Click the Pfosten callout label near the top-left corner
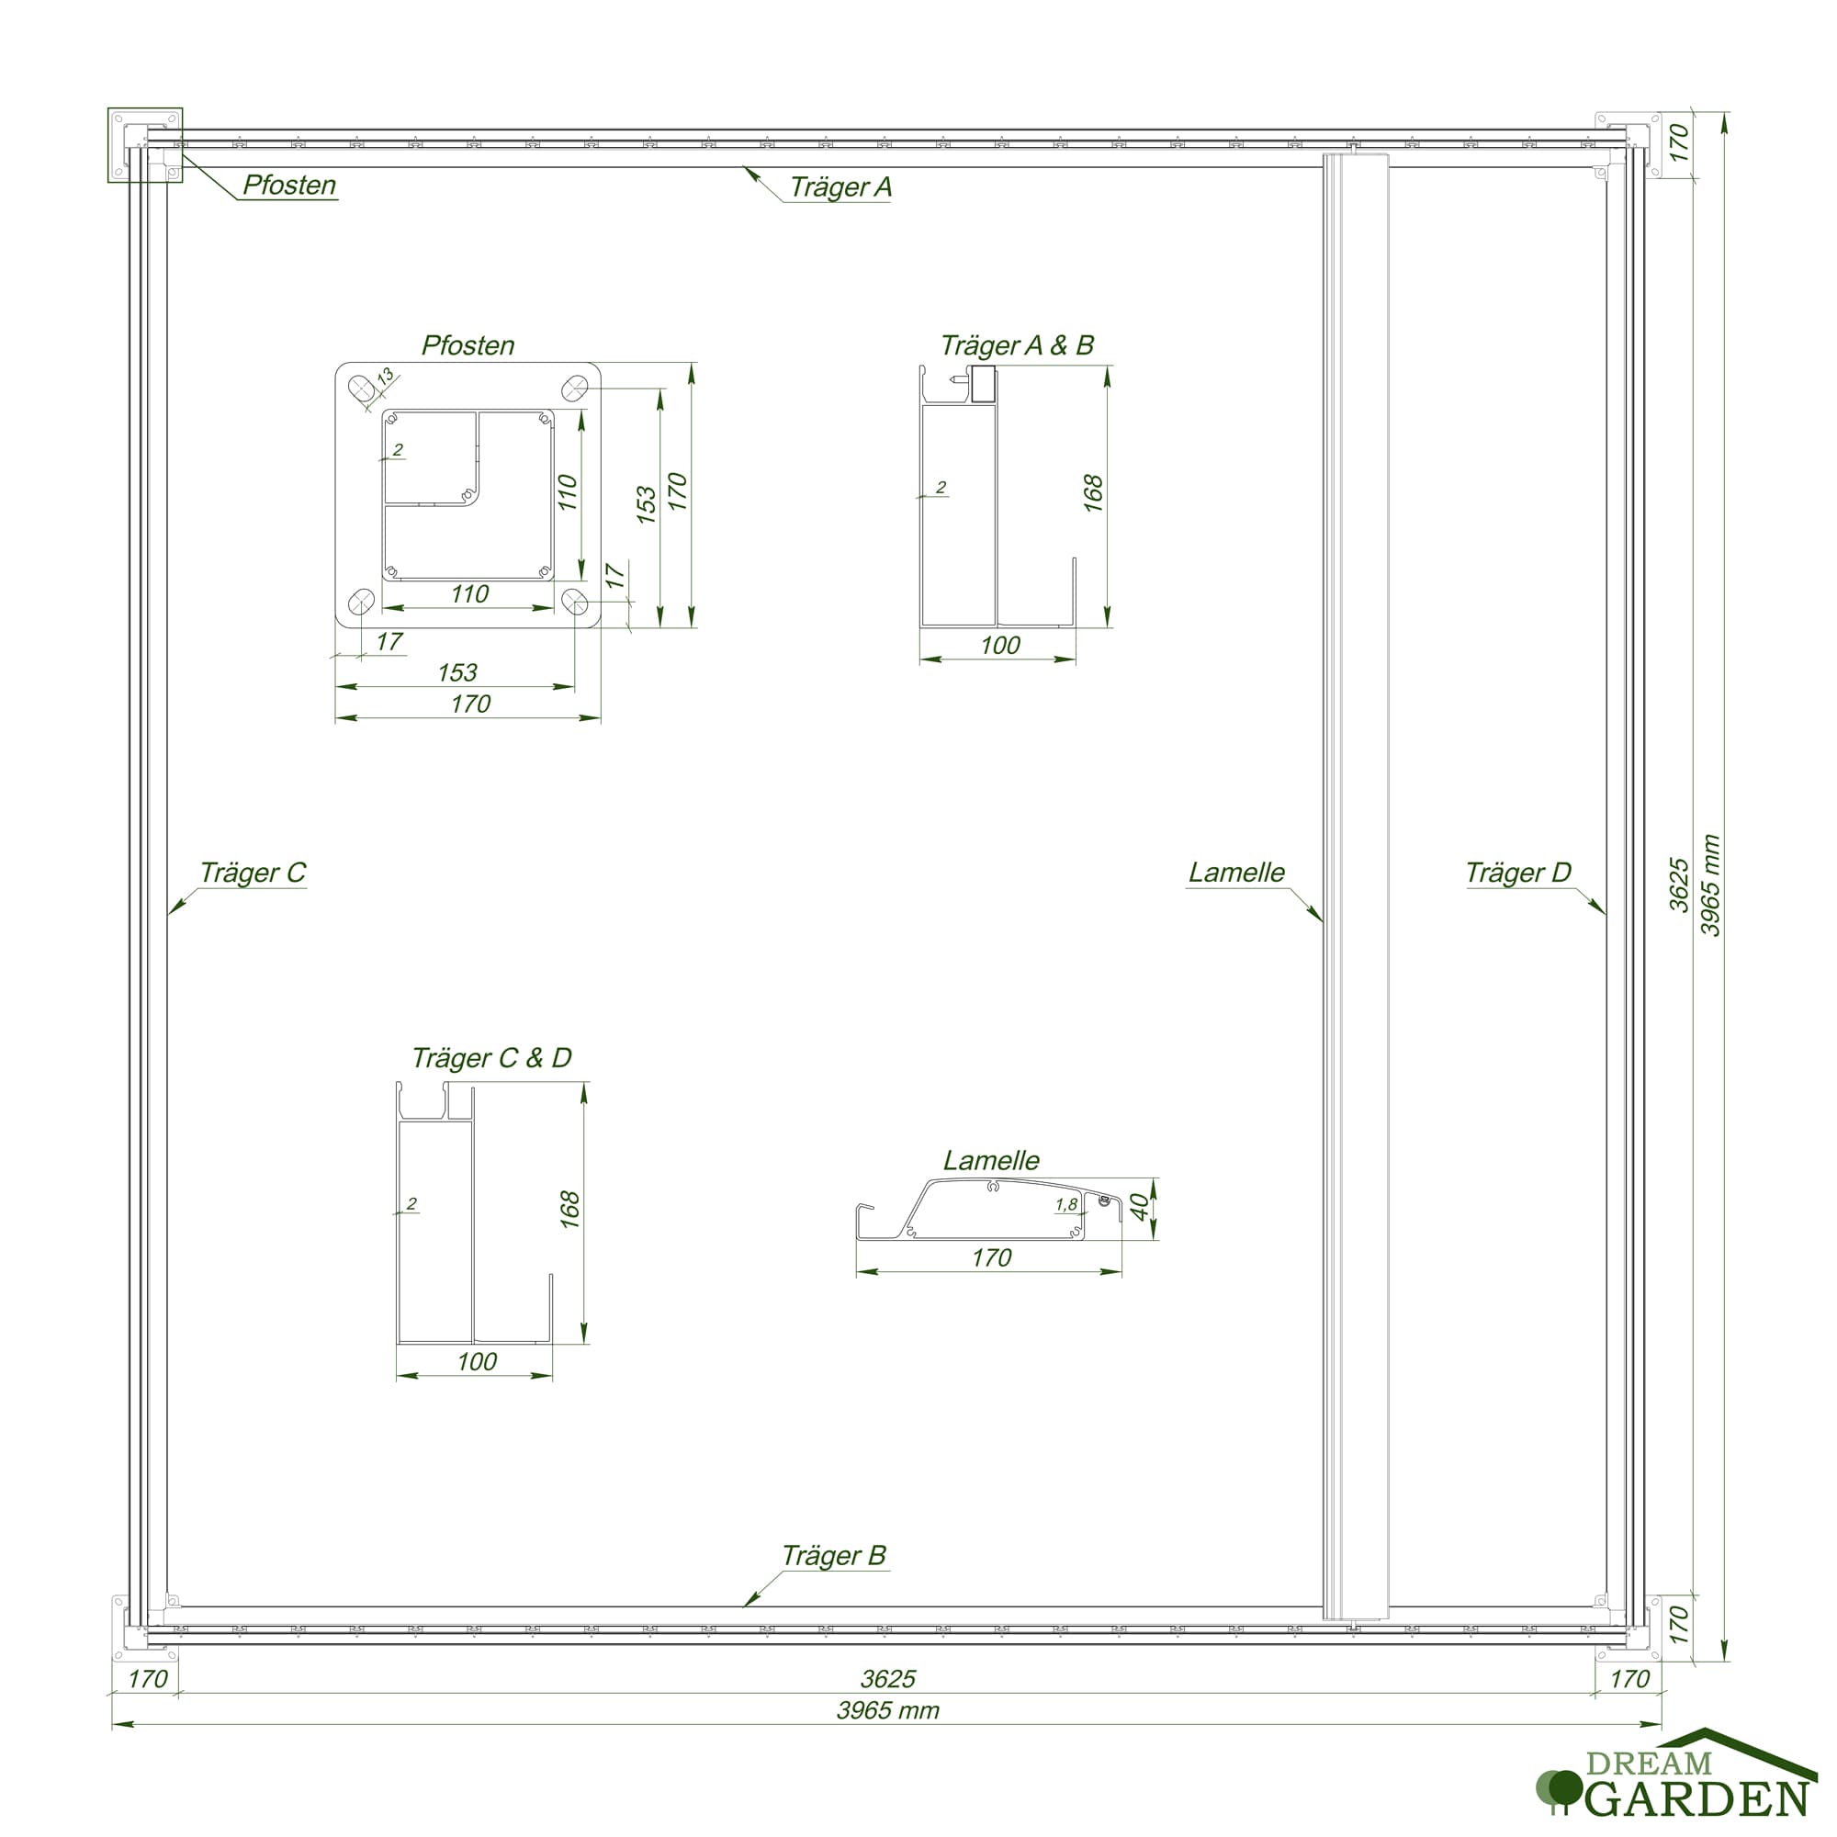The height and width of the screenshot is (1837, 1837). (x=289, y=185)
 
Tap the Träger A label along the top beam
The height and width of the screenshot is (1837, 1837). (x=840, y=187)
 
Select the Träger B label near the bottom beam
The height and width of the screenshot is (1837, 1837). (x=833, y=1556)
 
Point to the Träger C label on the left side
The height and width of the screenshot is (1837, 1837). (x=253, y=873)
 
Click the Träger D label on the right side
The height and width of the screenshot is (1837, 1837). (x=1518, y=873)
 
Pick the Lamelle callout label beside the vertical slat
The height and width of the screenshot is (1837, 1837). (x=1236, y=873)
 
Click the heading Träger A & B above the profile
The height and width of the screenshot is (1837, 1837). (x=1017, y=345)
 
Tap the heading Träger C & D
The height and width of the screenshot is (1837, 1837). (x=491, y=1058)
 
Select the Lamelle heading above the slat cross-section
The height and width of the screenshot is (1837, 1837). (x=991, y=1160)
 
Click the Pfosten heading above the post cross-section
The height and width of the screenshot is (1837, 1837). (x=468, y=345)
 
